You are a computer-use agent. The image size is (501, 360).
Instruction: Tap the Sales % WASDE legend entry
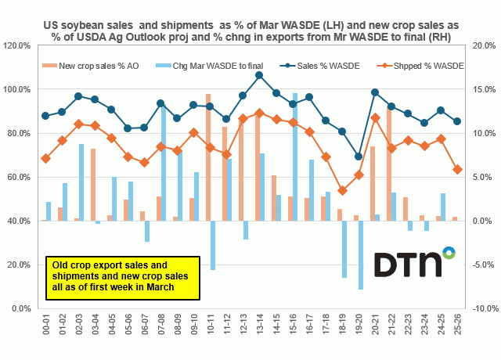coord(313,66)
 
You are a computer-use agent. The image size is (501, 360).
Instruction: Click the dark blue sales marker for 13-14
coord(259,75)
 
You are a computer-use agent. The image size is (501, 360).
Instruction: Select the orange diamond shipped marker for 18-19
coord(342,190)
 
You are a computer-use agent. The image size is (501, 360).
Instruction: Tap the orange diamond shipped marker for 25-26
coord(457,170)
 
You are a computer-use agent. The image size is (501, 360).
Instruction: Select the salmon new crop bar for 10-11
coord(208,157)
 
